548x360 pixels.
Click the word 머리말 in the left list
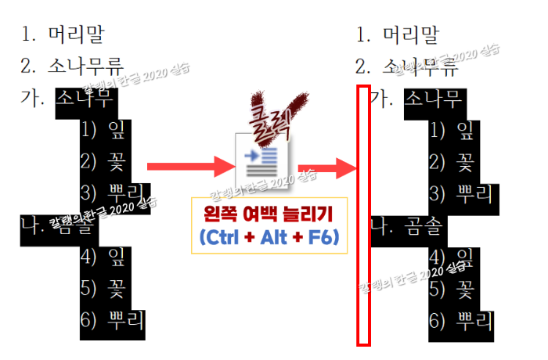tap(74, 34)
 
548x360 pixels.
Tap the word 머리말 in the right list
tap(410, 34)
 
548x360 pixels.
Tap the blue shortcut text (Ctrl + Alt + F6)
tap(269, 237)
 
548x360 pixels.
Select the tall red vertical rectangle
tap(363, 215)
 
